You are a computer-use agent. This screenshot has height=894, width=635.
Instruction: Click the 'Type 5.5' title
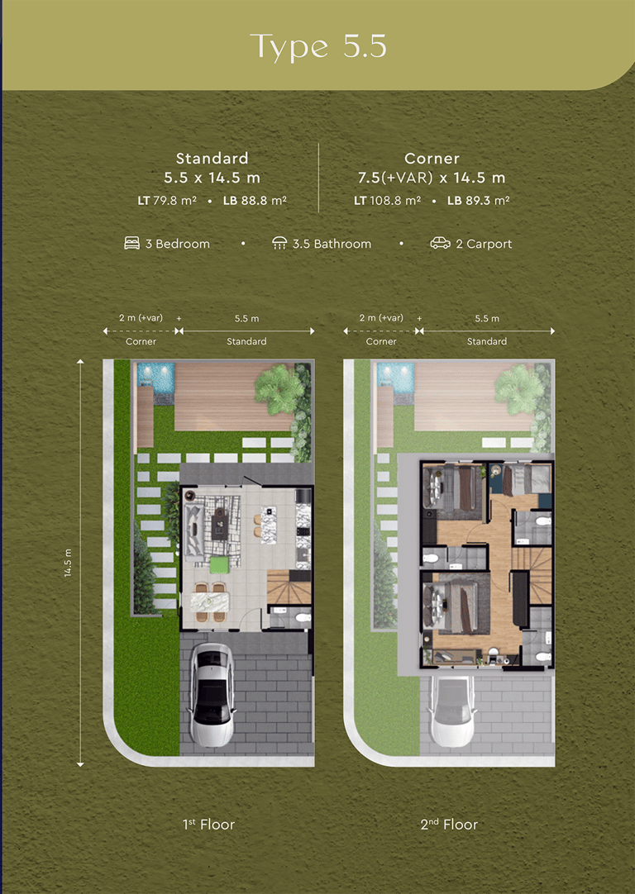click(317, 47)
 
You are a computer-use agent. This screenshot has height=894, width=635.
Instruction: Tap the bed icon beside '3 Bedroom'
click(131, 244)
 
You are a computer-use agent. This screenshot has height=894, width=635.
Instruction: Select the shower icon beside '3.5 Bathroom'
click(279, 244)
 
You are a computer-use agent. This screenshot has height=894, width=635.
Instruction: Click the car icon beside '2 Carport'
click(440, 244)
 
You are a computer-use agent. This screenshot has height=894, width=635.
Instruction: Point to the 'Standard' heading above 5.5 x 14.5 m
click(212, 158)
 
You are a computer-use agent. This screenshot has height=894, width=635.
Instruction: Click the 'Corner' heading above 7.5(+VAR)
click(432, 158)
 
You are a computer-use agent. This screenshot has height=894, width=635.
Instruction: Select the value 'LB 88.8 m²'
click(255, 201)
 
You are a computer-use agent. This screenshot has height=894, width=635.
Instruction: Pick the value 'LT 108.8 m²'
click(388, 201)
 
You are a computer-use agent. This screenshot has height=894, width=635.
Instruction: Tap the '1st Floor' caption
click(209, 825)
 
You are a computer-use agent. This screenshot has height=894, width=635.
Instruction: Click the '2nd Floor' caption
click(450, 825)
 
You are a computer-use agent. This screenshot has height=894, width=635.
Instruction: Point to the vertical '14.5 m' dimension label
click(68, 564)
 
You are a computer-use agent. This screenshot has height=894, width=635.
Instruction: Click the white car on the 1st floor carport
click(212, 694)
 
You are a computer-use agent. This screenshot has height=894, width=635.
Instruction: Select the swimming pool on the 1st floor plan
click(155, 377)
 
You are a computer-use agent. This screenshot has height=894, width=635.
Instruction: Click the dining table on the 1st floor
click(210, 601)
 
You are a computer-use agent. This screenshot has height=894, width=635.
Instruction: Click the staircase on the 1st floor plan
click(289, 587)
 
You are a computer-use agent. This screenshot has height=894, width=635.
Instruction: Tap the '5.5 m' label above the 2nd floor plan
click(487, 319)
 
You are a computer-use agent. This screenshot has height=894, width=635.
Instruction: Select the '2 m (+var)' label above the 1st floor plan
click(141, 317)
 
